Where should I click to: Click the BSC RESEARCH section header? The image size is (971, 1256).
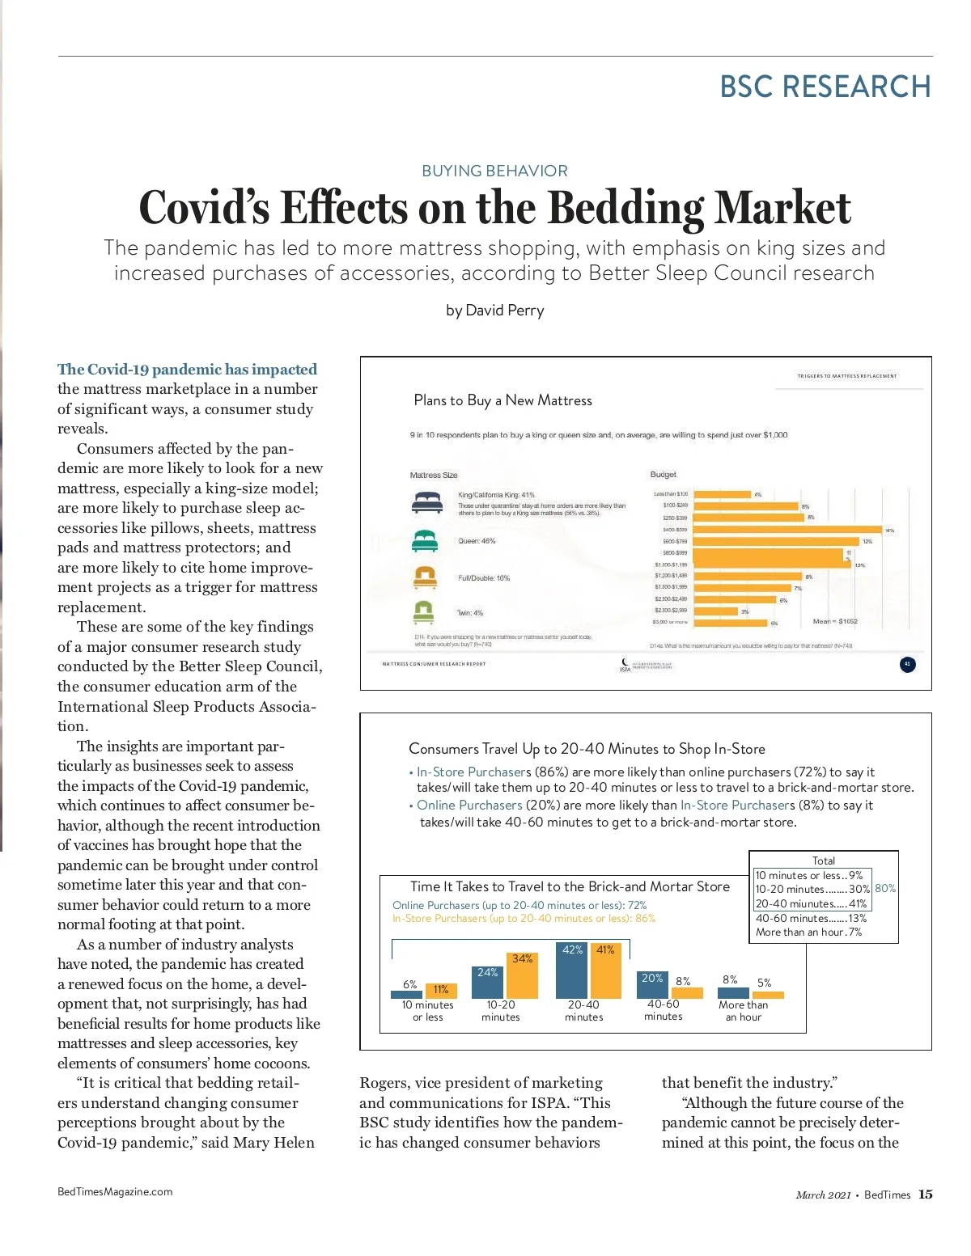[825, 87]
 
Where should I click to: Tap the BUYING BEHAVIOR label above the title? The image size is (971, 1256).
[494, 171]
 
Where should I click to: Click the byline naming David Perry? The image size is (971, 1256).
[494, 311]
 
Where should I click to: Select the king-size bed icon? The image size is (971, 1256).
[426, 503]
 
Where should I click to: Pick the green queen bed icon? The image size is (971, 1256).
[425, 540]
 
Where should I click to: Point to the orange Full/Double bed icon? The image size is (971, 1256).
[425, 577]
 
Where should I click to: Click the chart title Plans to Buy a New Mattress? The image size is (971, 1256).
[502, 400]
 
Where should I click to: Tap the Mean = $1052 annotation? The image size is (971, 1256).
[834, 621]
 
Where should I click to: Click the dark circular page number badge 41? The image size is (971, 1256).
[907, 664]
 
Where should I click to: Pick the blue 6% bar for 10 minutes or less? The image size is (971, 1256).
[407, 995]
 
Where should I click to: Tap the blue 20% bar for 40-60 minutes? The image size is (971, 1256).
[652, 984]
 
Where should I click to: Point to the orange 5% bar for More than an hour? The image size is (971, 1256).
[769, 995]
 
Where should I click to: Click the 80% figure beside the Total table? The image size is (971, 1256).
[885, 888]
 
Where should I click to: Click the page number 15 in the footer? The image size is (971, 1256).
[926, 1195]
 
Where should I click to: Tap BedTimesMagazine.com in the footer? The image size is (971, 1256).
[115, 1191]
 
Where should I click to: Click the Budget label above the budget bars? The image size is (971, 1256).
[663, 474]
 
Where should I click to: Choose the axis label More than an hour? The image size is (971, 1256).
[743, 1011]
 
